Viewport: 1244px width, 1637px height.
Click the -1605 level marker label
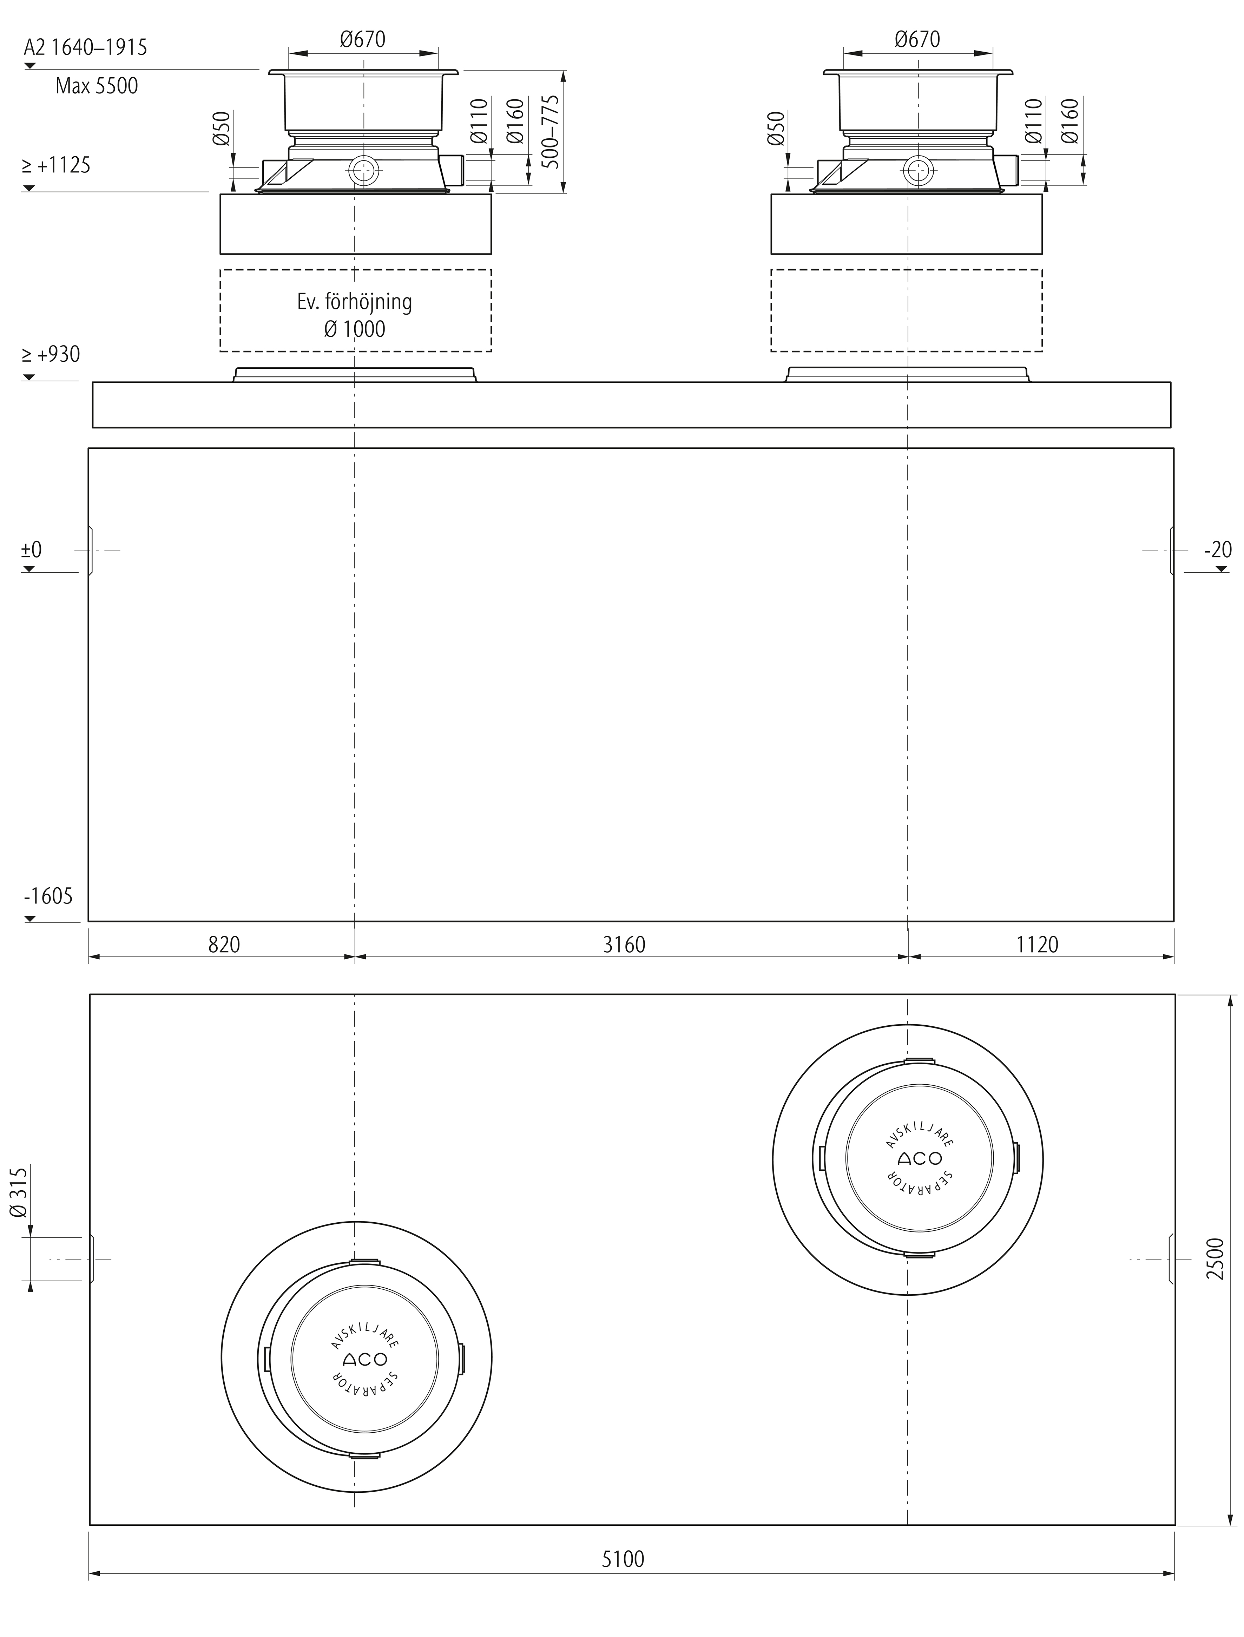48,896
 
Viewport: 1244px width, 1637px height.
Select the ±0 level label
32,550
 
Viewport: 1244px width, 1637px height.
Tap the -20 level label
1218,550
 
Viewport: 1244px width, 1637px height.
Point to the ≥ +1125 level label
55,165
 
